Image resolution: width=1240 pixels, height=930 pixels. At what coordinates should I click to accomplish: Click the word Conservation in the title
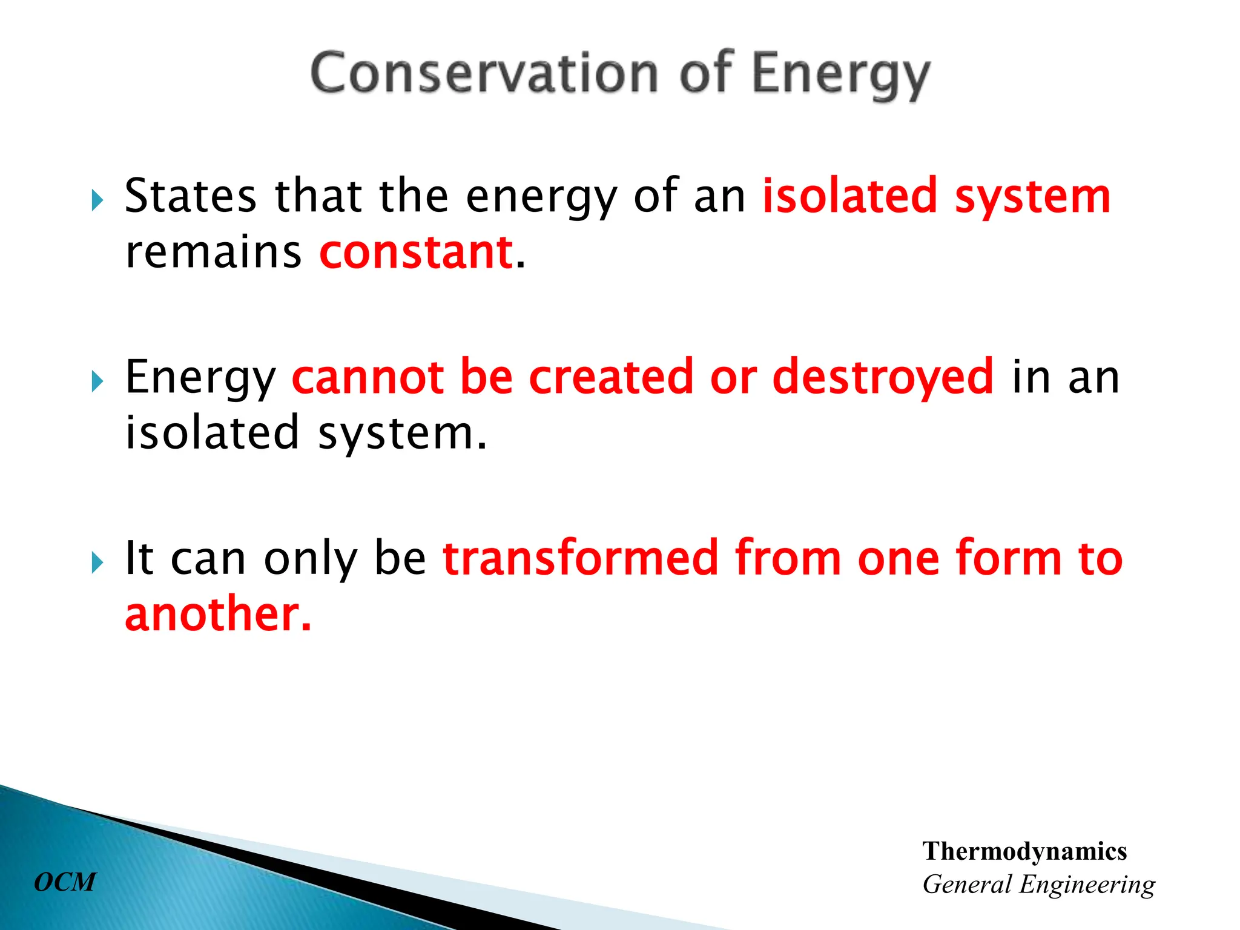point(484,74)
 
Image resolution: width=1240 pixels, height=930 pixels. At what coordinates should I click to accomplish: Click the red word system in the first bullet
point(1033,197)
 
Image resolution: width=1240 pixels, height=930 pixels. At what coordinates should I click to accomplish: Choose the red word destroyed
point(883,377)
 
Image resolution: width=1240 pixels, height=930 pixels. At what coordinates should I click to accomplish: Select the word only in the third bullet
point(311,558)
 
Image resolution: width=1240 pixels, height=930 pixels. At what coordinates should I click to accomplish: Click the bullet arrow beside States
point(97,200)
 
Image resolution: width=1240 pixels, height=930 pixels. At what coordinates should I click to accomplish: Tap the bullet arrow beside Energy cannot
point(97,381)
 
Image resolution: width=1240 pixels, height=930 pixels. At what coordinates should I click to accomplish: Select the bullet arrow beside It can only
point(97,563)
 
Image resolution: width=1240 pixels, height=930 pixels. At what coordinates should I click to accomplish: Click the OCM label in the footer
point(65,882)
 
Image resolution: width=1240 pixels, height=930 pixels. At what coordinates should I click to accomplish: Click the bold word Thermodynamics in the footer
point(1024,851)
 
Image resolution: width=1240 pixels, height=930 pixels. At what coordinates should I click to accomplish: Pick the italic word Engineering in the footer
point(1087,885)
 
